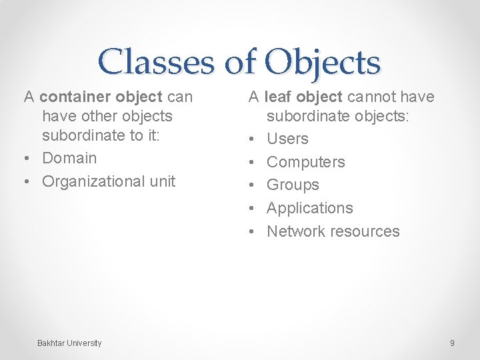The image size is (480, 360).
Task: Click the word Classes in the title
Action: click(x=156, y=63)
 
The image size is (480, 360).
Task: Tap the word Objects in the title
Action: click(x=322, y=63)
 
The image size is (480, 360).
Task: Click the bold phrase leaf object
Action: click(x=303, y=97)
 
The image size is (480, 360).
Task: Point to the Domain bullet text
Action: click(x=69, y=158)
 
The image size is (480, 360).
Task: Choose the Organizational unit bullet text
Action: click(x=109, y=181)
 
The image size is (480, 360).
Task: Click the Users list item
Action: click(x=287, y=139)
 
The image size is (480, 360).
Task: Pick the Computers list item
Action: click(x=306, y=162)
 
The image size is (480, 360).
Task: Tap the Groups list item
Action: click(x=293, y=185)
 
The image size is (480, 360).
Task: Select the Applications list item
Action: click(x=310, y=208)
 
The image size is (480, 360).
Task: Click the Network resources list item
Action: click(x=333, y=231)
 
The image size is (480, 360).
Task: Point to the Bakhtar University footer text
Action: click(x=69, y=343)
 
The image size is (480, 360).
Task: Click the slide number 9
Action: click(x=452, y=343)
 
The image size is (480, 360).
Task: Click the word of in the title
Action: click(x=240, y=63)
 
